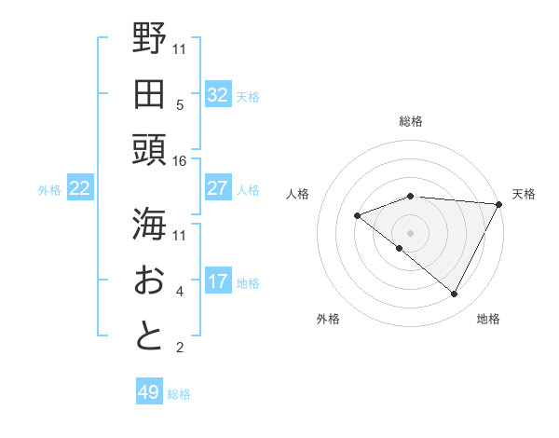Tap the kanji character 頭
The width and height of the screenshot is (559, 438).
(149, 149)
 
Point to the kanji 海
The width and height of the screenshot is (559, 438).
(149, 223)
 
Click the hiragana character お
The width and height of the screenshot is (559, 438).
(149, 280)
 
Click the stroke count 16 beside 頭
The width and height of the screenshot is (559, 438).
(180, 161)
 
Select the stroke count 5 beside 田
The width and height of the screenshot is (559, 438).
(180, 104)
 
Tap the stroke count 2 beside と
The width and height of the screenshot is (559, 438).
(180, 349)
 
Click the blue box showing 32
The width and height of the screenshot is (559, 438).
(217, 94)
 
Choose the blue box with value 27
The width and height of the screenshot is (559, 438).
(217, 188)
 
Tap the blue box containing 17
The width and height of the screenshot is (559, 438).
(217, 281)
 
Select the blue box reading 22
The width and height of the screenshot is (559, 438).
(79, 188)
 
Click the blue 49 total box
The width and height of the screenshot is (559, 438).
(149, 392)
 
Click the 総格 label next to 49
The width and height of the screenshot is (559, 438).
(179, 394)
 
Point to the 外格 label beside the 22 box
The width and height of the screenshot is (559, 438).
(49, 190)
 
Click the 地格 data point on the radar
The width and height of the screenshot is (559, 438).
(455, 294)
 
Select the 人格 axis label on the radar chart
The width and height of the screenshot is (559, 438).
(298, 194)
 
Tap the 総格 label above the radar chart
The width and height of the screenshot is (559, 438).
(410, 121)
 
